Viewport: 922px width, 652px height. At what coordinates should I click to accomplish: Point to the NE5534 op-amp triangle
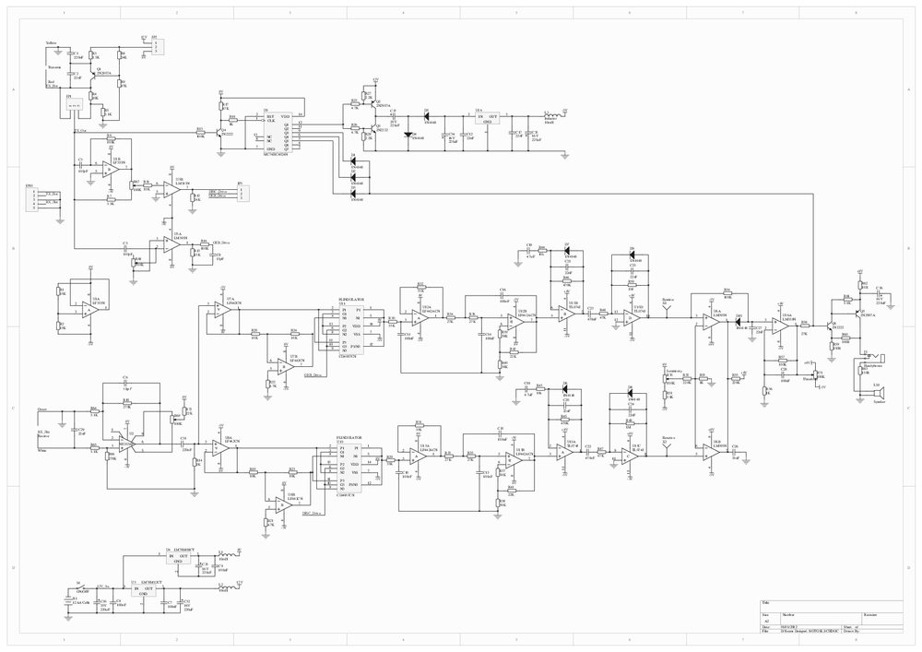[125, 444]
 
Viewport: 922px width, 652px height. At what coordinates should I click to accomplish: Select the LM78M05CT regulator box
[181, 559]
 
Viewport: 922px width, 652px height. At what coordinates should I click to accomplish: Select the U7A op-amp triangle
[222, 311]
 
